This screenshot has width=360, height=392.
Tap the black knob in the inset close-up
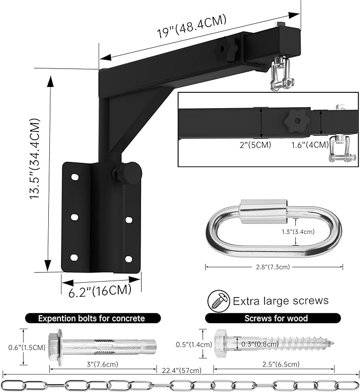click(x=294, y=122)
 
